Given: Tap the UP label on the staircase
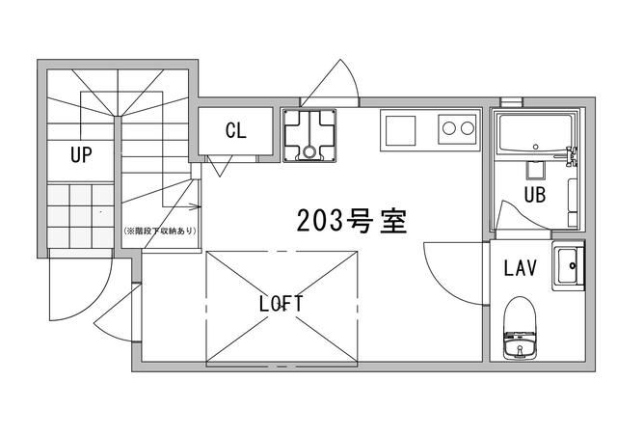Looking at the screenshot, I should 80,154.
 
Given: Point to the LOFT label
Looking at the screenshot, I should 282,303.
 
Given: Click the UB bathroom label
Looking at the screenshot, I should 536,194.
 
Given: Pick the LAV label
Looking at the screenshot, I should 520,268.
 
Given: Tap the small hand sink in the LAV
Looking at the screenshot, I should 568,266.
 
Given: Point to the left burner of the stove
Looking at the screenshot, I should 449,126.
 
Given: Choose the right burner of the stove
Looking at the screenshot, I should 468,126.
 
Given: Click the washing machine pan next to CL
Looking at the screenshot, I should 309,135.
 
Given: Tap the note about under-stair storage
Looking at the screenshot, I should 159,232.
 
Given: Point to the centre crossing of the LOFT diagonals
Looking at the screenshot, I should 282,308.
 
